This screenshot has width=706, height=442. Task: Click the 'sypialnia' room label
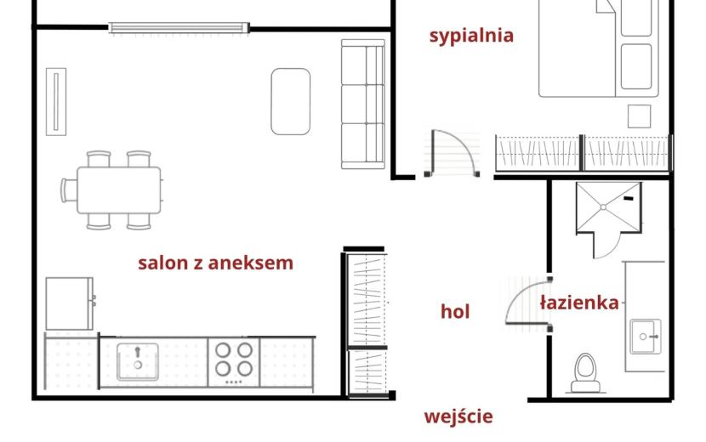[471, 36]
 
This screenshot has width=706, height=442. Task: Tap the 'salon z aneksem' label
[216, 263]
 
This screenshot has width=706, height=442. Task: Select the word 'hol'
[455, 311]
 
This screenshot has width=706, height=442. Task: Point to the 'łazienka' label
[579, 302]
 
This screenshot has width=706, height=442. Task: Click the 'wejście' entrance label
[458, 416]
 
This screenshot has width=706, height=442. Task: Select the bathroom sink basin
[646, 337]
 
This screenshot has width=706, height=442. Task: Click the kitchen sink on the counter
[138, 362]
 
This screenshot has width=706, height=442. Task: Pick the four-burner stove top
[234, 362]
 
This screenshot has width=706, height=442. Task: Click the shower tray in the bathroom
[608, 207]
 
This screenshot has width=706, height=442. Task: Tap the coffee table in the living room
[290, 102]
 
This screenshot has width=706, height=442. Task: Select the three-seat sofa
[363, 104]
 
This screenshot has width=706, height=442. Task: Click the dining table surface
[119, 190]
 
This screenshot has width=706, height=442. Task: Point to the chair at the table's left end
[69, 190]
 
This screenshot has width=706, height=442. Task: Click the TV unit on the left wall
[56, 102]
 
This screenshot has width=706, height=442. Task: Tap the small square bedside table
[640, 116]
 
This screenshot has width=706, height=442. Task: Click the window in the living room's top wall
[179, 28]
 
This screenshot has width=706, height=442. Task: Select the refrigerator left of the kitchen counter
[70, 303]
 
